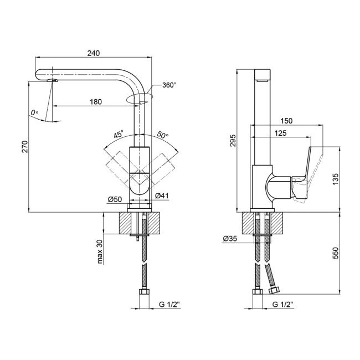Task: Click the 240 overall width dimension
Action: point(94,53)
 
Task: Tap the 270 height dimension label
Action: point(23,146)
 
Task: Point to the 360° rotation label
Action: point(169,85)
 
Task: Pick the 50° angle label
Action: point(162,135)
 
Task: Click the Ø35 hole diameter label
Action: point(230,239)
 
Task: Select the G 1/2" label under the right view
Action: point(282,304)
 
